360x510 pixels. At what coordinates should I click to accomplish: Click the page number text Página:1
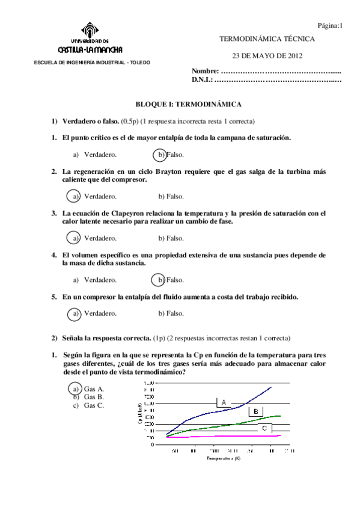coord(329,25)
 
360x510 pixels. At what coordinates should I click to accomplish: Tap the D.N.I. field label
coord(203,79)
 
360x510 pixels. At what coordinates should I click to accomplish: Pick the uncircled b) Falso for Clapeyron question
coord(171,238)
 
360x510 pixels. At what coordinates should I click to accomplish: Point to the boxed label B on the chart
coord(255,411)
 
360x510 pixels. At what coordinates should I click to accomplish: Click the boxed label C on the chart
coord(264,428)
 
